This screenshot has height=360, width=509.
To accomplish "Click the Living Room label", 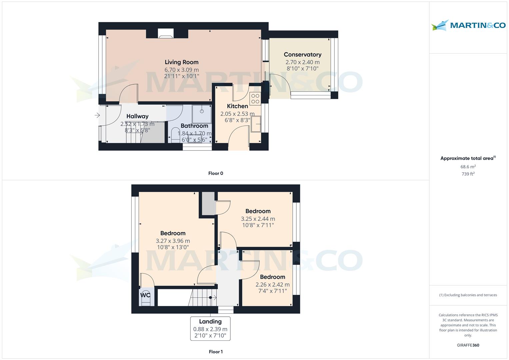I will point(181,62).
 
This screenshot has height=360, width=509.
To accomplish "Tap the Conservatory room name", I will point(302,54).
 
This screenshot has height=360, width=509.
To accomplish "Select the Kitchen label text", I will point(237,106).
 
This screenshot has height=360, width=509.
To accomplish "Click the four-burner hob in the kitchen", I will point(255,99).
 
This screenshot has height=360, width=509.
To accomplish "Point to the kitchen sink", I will point(256,124).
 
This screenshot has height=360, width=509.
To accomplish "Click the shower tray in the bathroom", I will point(202,114).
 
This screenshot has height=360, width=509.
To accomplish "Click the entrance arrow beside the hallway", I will point(97,115).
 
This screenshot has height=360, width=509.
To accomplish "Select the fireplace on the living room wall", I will point(166,33).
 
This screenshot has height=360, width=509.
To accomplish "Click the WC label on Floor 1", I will point(145,295).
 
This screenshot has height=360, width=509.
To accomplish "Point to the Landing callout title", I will point(210,321).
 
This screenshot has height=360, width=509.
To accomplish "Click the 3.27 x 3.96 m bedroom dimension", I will point(173,241).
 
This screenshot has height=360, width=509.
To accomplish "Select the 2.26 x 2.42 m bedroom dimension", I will point(272,285).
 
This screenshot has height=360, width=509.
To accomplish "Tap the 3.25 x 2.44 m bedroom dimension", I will point(258,219).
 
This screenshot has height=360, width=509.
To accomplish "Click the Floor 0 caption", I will point(216,173).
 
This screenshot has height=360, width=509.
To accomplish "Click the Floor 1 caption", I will point(216,352).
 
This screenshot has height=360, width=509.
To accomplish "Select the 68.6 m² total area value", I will point(468,167).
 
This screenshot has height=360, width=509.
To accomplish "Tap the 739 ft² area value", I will point(468,174).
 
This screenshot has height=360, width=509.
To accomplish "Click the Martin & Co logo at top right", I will point(468,25).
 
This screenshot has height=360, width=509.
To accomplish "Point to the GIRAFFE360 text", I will point(468,345).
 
